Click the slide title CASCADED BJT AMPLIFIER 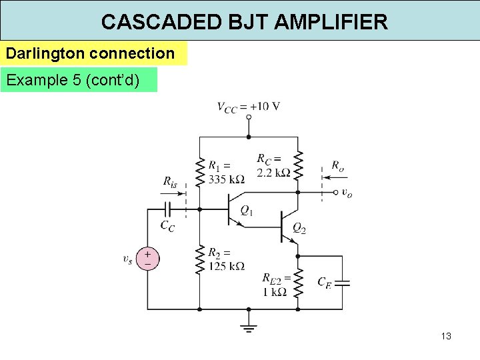[244, 22]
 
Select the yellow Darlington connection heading [91, 53]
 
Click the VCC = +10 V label [248, 106]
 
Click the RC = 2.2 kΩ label [273, 166]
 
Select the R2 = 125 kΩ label [225, 260]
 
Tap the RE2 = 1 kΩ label [275, 285]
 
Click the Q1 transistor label [246, 211]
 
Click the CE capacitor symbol [343, 282]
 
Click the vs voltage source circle [147, 259]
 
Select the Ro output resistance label [338, 166]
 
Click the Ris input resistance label [170, 181]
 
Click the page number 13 [446, 336]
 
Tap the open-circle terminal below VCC [248, 118]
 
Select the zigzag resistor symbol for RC [298, 165]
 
